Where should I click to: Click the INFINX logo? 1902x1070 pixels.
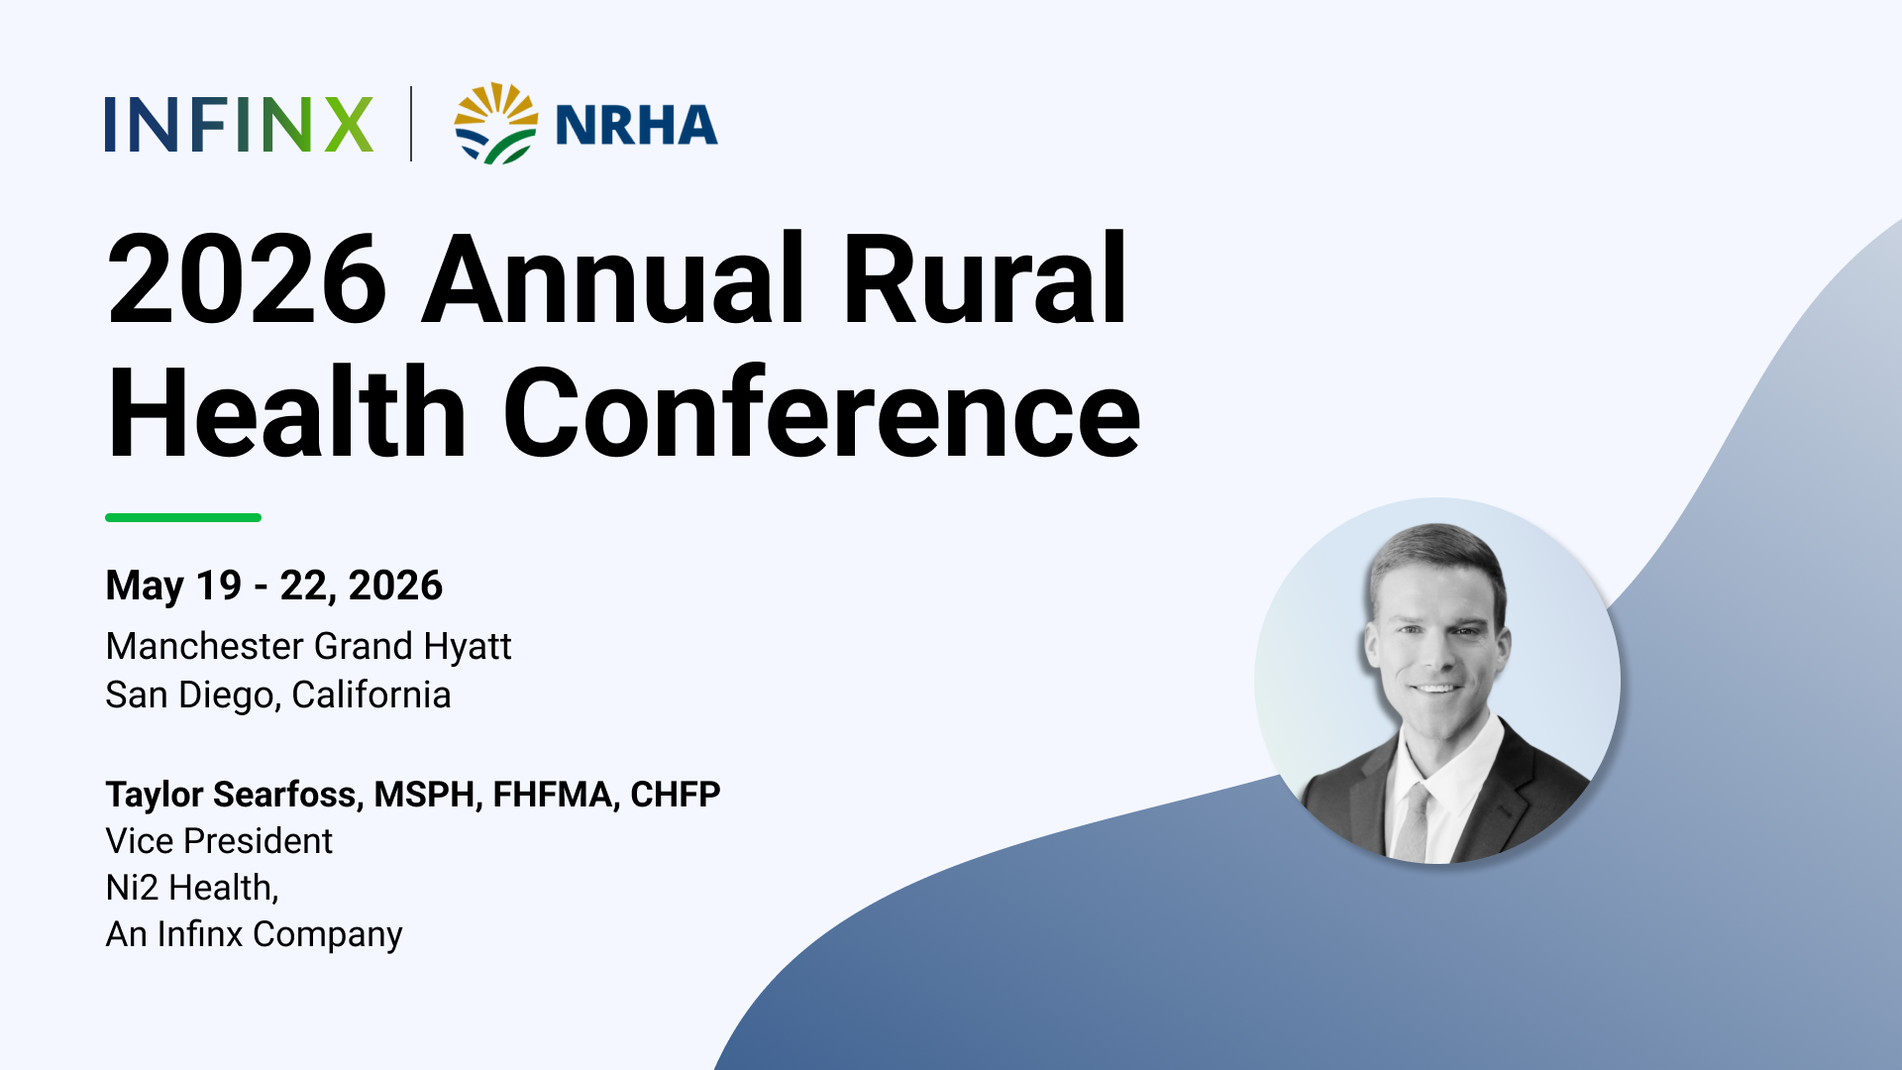point(239,124)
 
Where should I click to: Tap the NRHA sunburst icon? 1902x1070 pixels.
point(496,123)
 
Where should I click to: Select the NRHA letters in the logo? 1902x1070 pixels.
point(636,125)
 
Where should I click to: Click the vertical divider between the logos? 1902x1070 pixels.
point(411,124)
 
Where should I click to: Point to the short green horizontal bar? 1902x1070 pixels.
point(183,517)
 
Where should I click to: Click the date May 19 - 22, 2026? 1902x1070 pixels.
point(274,586)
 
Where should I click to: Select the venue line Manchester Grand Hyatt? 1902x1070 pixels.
point(308,647)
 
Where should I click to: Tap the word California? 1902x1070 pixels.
point(371,695)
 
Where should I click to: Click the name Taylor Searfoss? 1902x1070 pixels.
point(231,795)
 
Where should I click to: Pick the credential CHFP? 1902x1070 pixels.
point(676,795)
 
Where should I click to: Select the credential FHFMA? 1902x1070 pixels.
point(552,795)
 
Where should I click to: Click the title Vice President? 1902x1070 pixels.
point(219,841)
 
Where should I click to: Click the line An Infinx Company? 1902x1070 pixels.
point(255,934)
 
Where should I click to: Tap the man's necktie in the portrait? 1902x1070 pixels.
point(1414,822)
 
